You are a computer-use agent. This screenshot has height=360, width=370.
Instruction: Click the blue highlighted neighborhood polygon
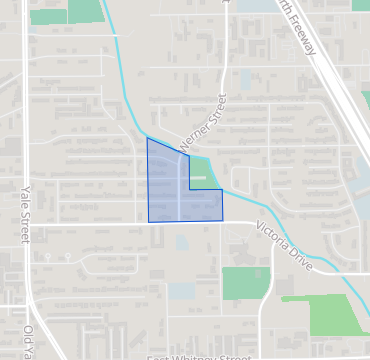[x=170, y=190]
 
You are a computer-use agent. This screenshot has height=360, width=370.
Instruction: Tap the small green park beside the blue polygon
[x=201, y=175]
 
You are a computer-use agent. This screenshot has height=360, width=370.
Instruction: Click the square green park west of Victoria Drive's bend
[x=239, y=282]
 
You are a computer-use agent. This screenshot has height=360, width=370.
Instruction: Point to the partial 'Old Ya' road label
[x=29, y=340]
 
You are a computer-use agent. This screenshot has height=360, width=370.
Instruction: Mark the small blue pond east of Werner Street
[x=245, y=80]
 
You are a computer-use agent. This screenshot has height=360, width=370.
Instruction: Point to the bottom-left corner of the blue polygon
[x=149, y=221]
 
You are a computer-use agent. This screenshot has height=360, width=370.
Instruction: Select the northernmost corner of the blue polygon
[x=148, y=138]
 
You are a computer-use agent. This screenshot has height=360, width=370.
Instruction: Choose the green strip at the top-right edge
[x=365, y=100]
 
